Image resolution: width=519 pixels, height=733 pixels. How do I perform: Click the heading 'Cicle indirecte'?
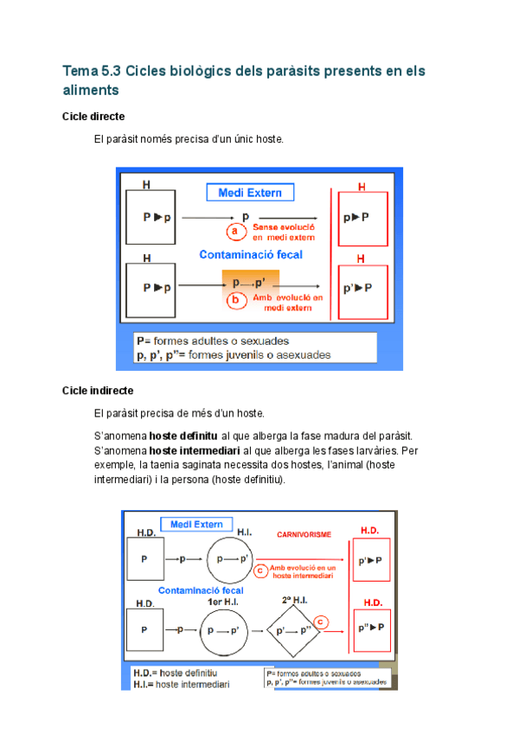(98, 391)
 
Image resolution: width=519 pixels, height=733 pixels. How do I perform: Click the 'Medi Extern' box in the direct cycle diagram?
(250, 192)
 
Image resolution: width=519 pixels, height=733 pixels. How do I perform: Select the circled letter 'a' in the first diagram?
(234, 231)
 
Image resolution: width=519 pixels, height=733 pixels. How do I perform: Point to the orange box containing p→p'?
(251, 283)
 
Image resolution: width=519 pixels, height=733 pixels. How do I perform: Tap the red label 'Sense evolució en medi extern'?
(283, 231)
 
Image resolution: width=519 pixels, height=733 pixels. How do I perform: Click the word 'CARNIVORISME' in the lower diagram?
(303, 535)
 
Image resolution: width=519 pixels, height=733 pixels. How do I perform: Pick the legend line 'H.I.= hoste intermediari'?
(182, 684)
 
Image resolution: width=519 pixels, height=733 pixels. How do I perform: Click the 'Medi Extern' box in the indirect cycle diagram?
(196, 525)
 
